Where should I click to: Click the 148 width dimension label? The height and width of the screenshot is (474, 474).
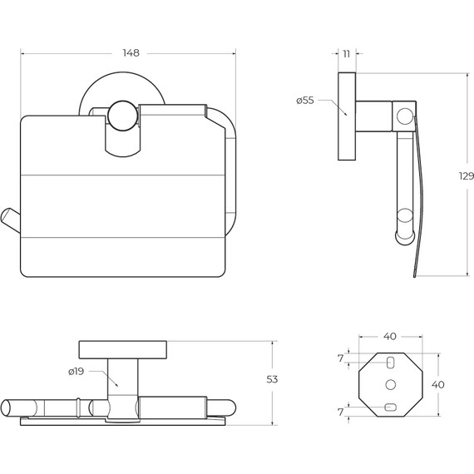tap(131, 53)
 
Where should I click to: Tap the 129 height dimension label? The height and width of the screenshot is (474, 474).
tap(467, 176)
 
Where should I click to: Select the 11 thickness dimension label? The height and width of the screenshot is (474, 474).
tap(347, 54)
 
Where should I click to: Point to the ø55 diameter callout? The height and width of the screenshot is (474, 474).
tap(305, 101)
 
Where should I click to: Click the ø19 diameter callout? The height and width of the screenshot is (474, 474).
tap(76, 371)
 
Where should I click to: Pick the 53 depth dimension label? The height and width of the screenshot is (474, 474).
tap(272, 379)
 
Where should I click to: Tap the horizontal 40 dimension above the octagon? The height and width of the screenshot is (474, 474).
tap(390, 336)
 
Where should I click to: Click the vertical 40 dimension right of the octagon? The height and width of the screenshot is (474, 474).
tap(437, 385)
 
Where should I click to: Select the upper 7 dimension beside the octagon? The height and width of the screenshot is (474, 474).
tap(341, 358)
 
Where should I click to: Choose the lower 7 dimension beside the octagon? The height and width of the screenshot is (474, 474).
tap(341, 412)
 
